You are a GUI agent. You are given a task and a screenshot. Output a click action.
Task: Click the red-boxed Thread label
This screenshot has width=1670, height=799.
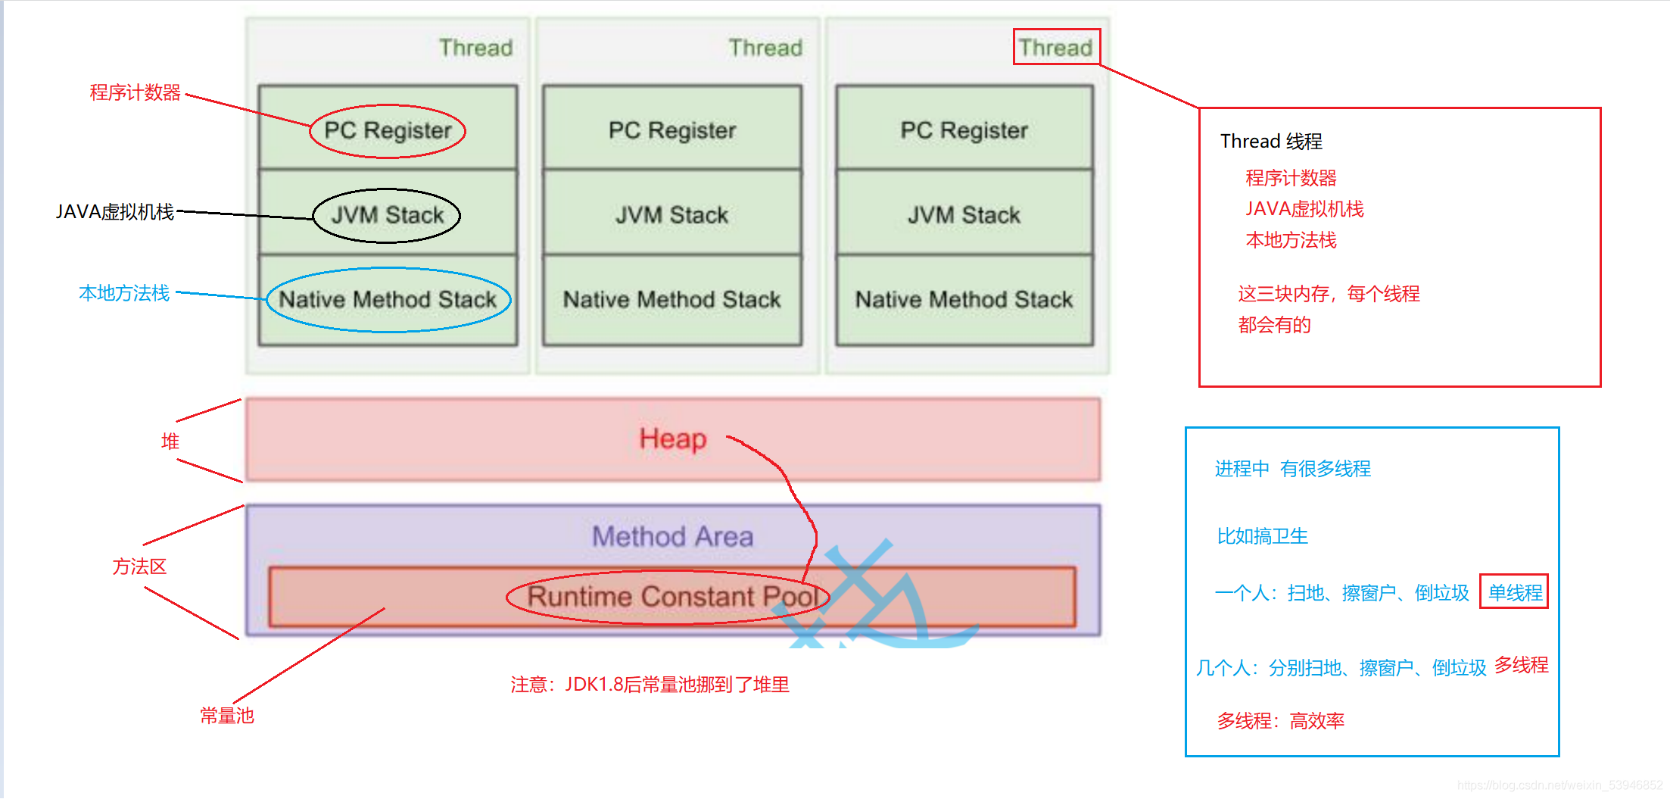[1056, 47]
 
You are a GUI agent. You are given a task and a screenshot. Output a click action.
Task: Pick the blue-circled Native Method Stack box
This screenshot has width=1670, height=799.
[388, 300]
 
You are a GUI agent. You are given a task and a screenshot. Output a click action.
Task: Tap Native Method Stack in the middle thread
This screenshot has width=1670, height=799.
[672, 300]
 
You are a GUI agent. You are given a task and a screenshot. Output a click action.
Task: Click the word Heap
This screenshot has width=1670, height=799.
[673, 439]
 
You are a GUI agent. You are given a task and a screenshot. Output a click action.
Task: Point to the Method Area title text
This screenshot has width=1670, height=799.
[673, 536]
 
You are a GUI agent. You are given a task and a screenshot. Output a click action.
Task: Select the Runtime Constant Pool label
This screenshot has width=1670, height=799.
[673, 596]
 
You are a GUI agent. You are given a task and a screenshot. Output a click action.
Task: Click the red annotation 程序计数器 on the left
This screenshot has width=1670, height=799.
[136, 92]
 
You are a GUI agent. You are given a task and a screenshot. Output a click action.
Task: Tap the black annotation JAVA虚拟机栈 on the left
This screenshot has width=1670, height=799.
[114, 211]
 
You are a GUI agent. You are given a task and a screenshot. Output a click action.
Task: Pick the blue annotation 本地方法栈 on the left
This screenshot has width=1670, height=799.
[124, 293]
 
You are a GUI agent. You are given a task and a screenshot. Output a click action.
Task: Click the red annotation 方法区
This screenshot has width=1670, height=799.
[139, 566]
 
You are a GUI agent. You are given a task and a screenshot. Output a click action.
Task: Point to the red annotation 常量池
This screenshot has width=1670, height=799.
[227, 716]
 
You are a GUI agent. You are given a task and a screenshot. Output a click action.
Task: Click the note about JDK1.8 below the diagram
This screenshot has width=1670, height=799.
[650, 685]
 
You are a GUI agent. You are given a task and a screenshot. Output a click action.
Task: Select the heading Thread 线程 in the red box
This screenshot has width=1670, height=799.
[1272, 141]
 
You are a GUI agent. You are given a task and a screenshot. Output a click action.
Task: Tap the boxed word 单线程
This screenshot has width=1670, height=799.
[1515, 592]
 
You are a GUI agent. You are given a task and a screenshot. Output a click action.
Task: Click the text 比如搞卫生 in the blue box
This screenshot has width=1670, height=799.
[1263, 536]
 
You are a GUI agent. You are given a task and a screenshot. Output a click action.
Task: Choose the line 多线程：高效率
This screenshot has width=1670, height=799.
[1281, 721]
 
